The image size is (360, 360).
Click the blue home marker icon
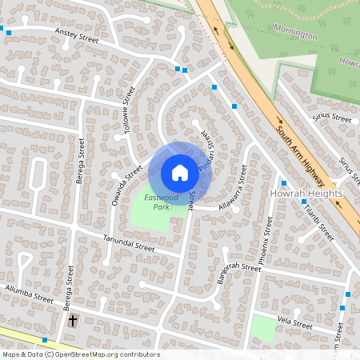tap(179, 172)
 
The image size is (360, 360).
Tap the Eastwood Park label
tap(156, 202)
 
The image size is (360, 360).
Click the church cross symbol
tap(73, 320)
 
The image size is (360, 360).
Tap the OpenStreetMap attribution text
tap(80, 354)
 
